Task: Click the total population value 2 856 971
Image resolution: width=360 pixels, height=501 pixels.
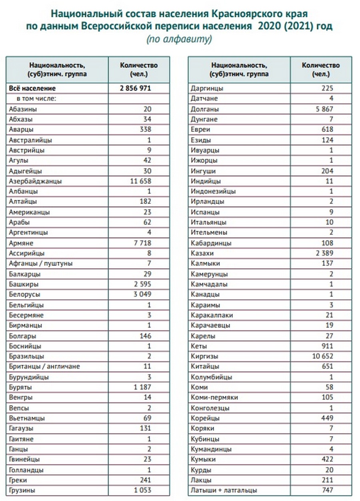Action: (x=135, y=88)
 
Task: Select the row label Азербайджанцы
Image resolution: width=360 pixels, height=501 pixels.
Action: (x=35, y=181)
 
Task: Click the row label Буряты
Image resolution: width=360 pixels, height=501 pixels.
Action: (x=20, y=387)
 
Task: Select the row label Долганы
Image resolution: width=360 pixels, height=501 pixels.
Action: (x=205, y=109)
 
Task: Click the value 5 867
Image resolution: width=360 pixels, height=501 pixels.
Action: (x=323, y=109)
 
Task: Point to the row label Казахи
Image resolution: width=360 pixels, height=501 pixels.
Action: (x=202, y=253)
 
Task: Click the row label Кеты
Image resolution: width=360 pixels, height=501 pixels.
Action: (x=199, y=346)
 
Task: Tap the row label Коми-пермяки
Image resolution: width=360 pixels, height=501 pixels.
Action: (x=215, y=397)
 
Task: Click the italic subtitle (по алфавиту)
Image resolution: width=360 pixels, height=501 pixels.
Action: (x=179, y=40)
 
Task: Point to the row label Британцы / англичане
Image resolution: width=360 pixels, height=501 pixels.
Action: (x=44, y=367)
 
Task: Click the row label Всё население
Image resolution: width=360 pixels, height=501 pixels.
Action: (x=32, y=88)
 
